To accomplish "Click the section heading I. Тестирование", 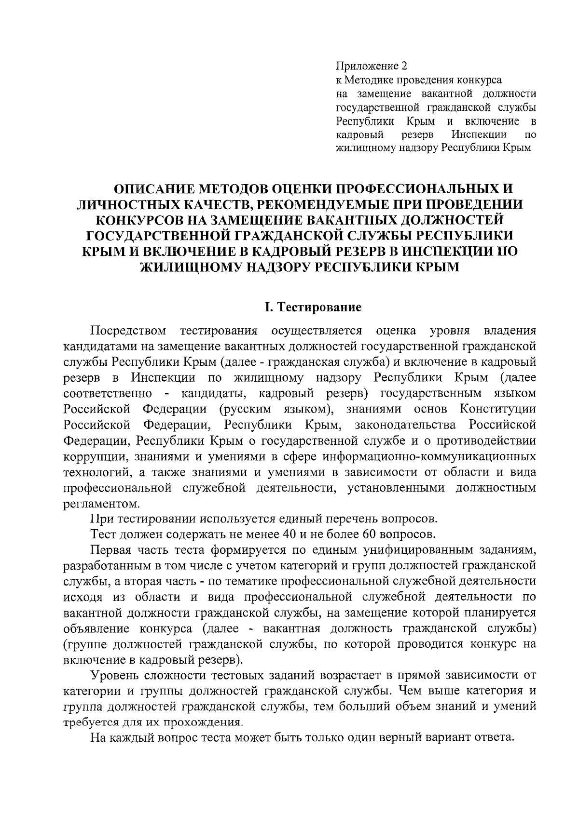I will coord(313,307).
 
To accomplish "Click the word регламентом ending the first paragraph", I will coord(100,504).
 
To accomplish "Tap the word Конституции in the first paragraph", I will coord(497,409).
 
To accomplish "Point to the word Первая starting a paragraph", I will coord(110,550).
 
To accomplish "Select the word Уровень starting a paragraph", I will coord(114,675).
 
